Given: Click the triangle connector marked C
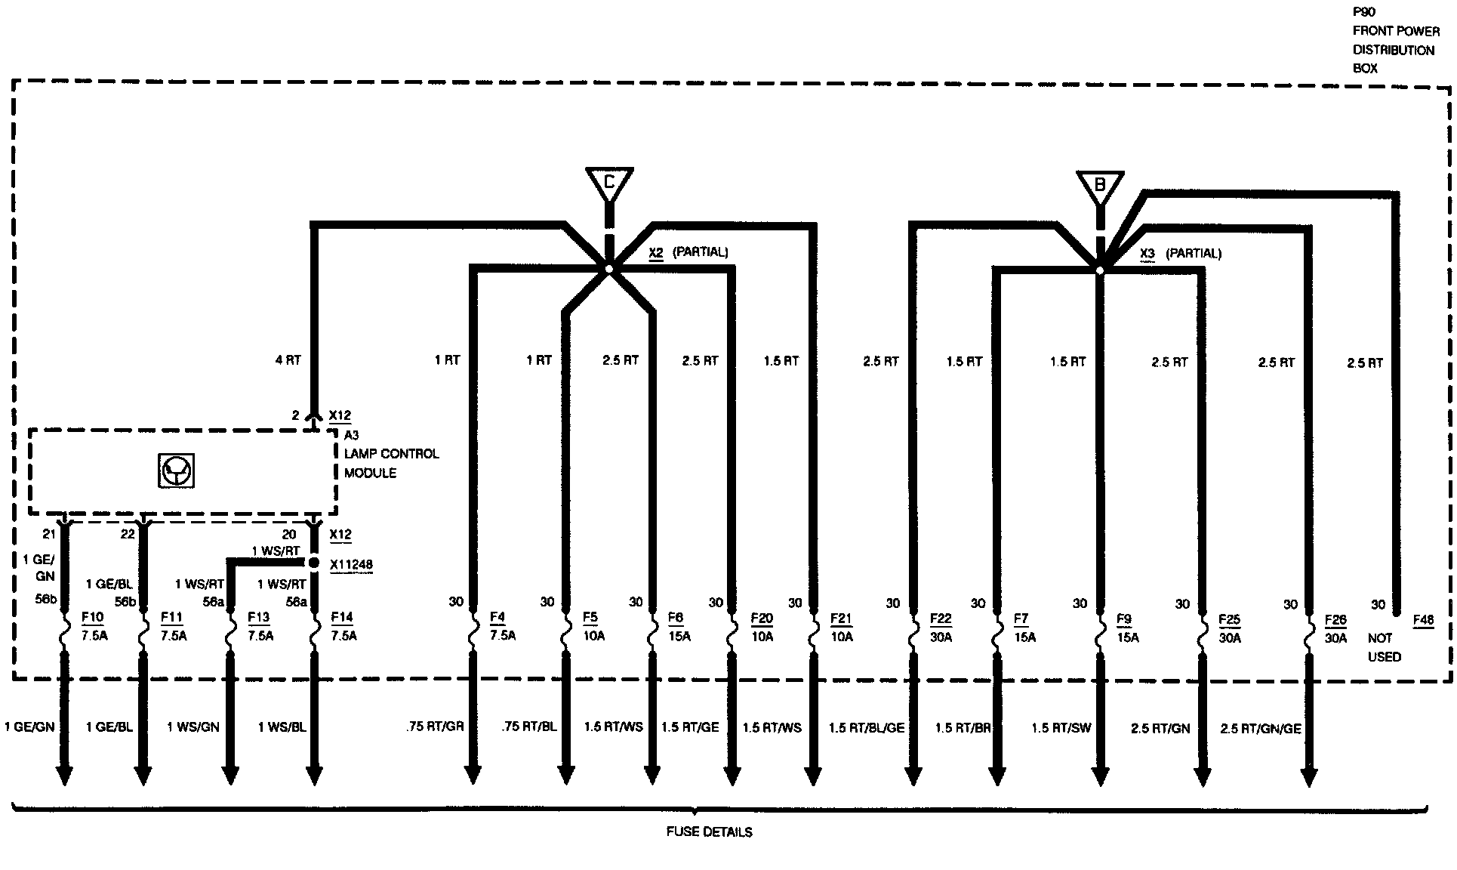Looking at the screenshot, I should click(609, 183).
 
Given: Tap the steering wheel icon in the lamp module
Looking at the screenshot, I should click(176, 471).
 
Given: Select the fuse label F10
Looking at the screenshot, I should click(91, 618).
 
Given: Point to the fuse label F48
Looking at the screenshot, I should click(1423, 621).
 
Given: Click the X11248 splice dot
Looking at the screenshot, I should click(313, 563).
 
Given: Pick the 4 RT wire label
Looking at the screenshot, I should click(288, 360).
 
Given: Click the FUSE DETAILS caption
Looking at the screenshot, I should click(709, 832).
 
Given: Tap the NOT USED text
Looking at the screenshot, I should click(1384, 647).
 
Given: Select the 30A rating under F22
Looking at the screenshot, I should click(941, 637).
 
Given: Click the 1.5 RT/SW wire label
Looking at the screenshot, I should click(1061, 728).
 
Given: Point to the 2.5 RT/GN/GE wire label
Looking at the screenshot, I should click(1261, 729).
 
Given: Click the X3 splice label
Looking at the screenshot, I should click(1147, 254).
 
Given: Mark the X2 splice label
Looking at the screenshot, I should click(656, 253).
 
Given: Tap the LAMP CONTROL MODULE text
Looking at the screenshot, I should click(391, 463).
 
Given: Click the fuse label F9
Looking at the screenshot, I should click(1124, 619).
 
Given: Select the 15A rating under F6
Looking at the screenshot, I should click(679, 636).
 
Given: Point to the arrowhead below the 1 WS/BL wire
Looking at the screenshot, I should click(314, 776).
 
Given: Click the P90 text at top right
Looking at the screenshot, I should click(1363, 14).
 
